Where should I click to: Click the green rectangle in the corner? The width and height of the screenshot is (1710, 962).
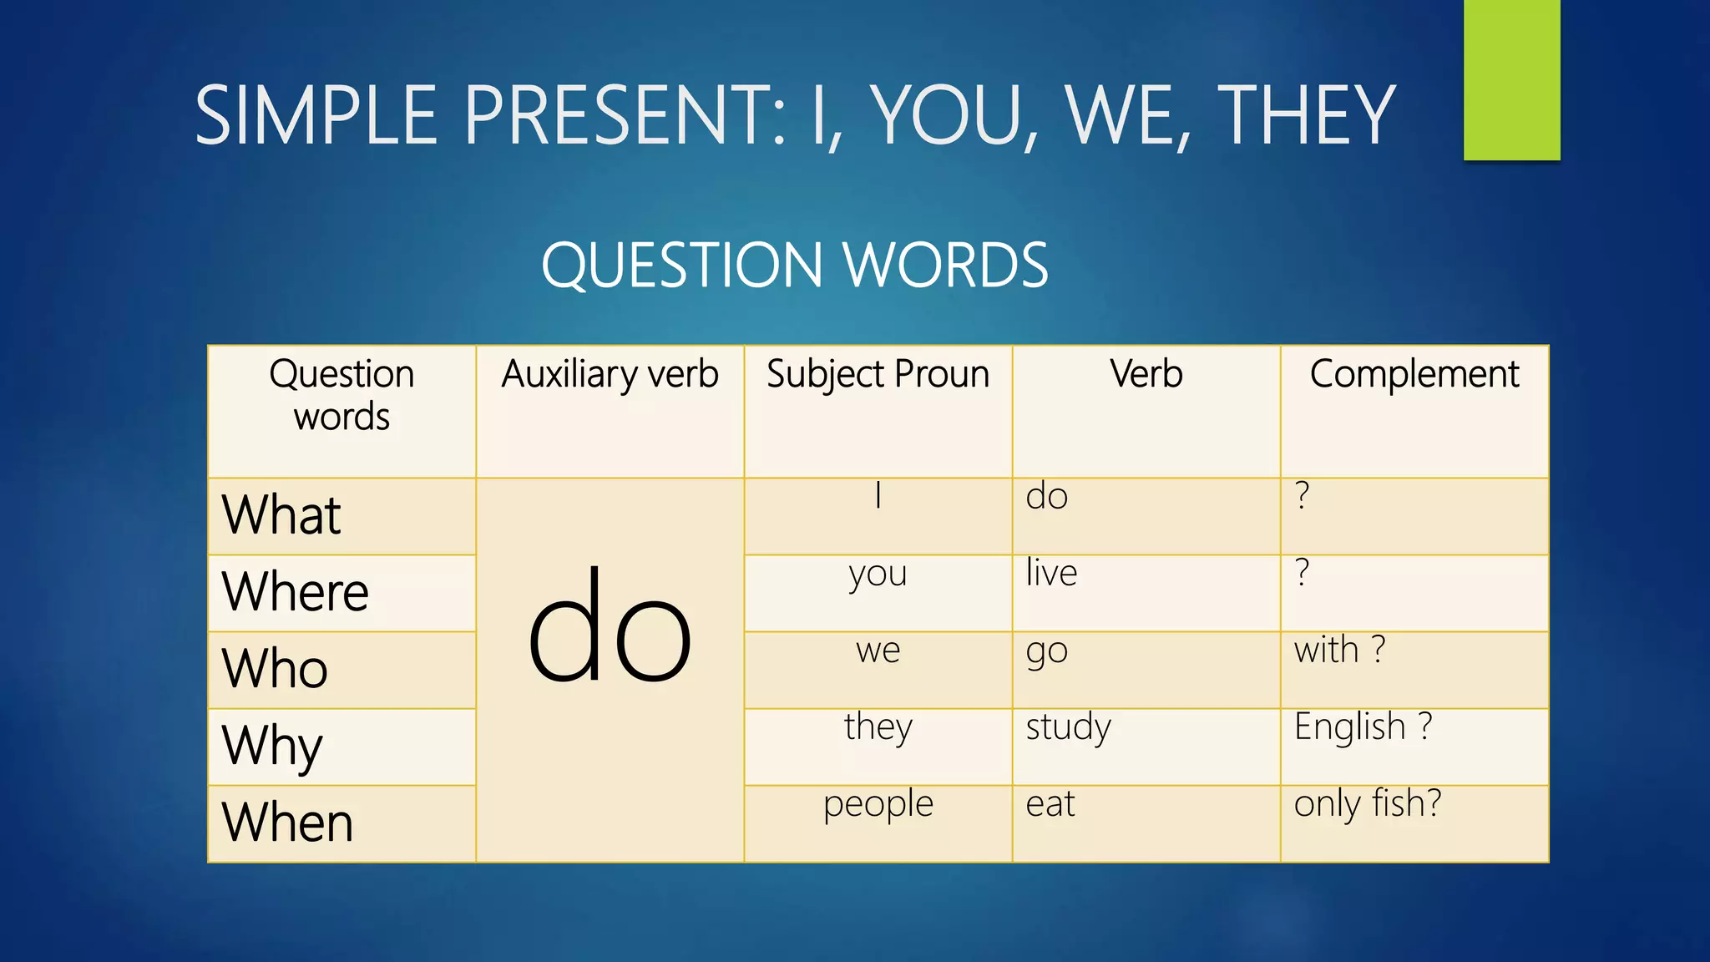coord(1511,79)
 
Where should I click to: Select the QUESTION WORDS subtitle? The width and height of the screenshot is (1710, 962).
coord(794,266)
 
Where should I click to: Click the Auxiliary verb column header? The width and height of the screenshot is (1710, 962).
coord(610,374)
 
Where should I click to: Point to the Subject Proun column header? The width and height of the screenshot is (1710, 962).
coord(878,374)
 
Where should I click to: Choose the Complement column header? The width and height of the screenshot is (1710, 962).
coord(1414,374)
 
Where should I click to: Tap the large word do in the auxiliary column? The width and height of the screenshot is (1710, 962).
coord(610,626)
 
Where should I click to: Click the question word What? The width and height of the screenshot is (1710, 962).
coord(281,514)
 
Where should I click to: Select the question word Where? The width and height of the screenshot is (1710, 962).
coord(295,591)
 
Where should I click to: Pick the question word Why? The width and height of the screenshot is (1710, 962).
coord(272,745)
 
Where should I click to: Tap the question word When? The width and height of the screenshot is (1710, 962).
coord(287,823)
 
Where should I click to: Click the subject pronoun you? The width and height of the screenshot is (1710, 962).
coord(878,575)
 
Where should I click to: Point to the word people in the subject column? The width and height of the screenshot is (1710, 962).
coord(878,805)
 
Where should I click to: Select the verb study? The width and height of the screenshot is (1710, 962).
coord(1068,727)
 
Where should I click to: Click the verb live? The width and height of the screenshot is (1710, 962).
coord(1051,574)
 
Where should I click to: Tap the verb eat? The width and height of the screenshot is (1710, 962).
coord(1050,804)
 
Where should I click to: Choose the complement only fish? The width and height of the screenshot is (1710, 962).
coord(1368,804)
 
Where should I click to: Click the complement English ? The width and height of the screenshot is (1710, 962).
coord(1363,727)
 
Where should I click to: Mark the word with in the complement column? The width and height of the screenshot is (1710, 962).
coord(1326,650)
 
